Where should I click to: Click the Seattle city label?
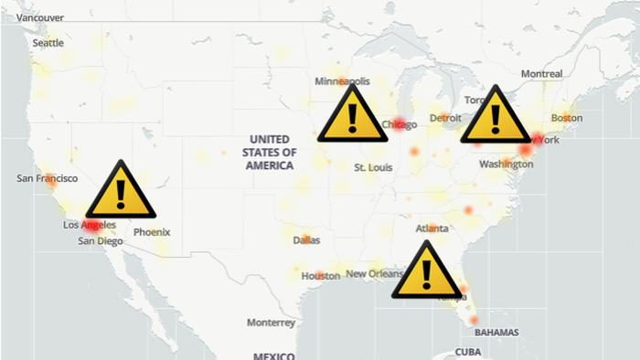[48, 43]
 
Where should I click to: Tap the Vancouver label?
[40, 17]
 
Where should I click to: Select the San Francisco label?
[47, 178]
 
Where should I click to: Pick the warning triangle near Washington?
[495, 116]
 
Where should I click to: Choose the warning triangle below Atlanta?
[425, 270]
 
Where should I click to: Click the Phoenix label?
[152, 232]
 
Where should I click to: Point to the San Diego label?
[100, 241]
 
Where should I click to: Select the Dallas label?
[306, 240]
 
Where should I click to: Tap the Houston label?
[320, 276]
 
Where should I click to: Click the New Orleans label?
[373, 274]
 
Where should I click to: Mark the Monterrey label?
[271, 323]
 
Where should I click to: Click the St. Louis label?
[373, 168]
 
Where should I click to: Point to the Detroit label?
[445, 118]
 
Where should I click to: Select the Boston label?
[567, 118]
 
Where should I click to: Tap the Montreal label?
[541, 73]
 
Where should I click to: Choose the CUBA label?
[468, 352]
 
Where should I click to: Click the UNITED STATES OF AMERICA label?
[270, 153]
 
